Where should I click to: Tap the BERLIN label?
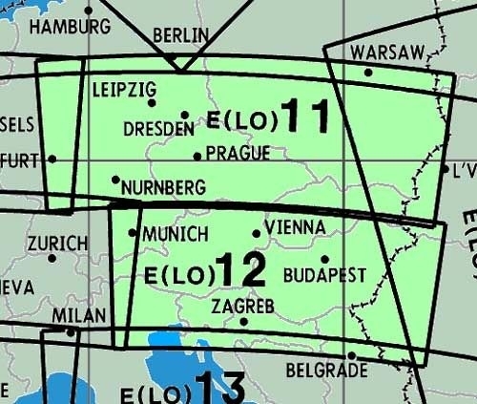click(x=180, y=35)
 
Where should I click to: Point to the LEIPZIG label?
click(x=124, y=90)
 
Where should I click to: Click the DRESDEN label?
click(x=158, y=128)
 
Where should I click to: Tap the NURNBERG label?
click(x=163, y=188)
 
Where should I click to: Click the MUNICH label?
click(x=175, y=234)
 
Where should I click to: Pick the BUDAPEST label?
click(x=324, y=275)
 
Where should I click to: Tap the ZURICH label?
click(x=57, y=244)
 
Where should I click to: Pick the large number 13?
click(x=219, y=390)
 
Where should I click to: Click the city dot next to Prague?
click(x=197, y=156)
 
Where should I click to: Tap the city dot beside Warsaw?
click(x=368, y=71)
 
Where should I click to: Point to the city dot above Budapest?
click(x=324, y=258)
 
